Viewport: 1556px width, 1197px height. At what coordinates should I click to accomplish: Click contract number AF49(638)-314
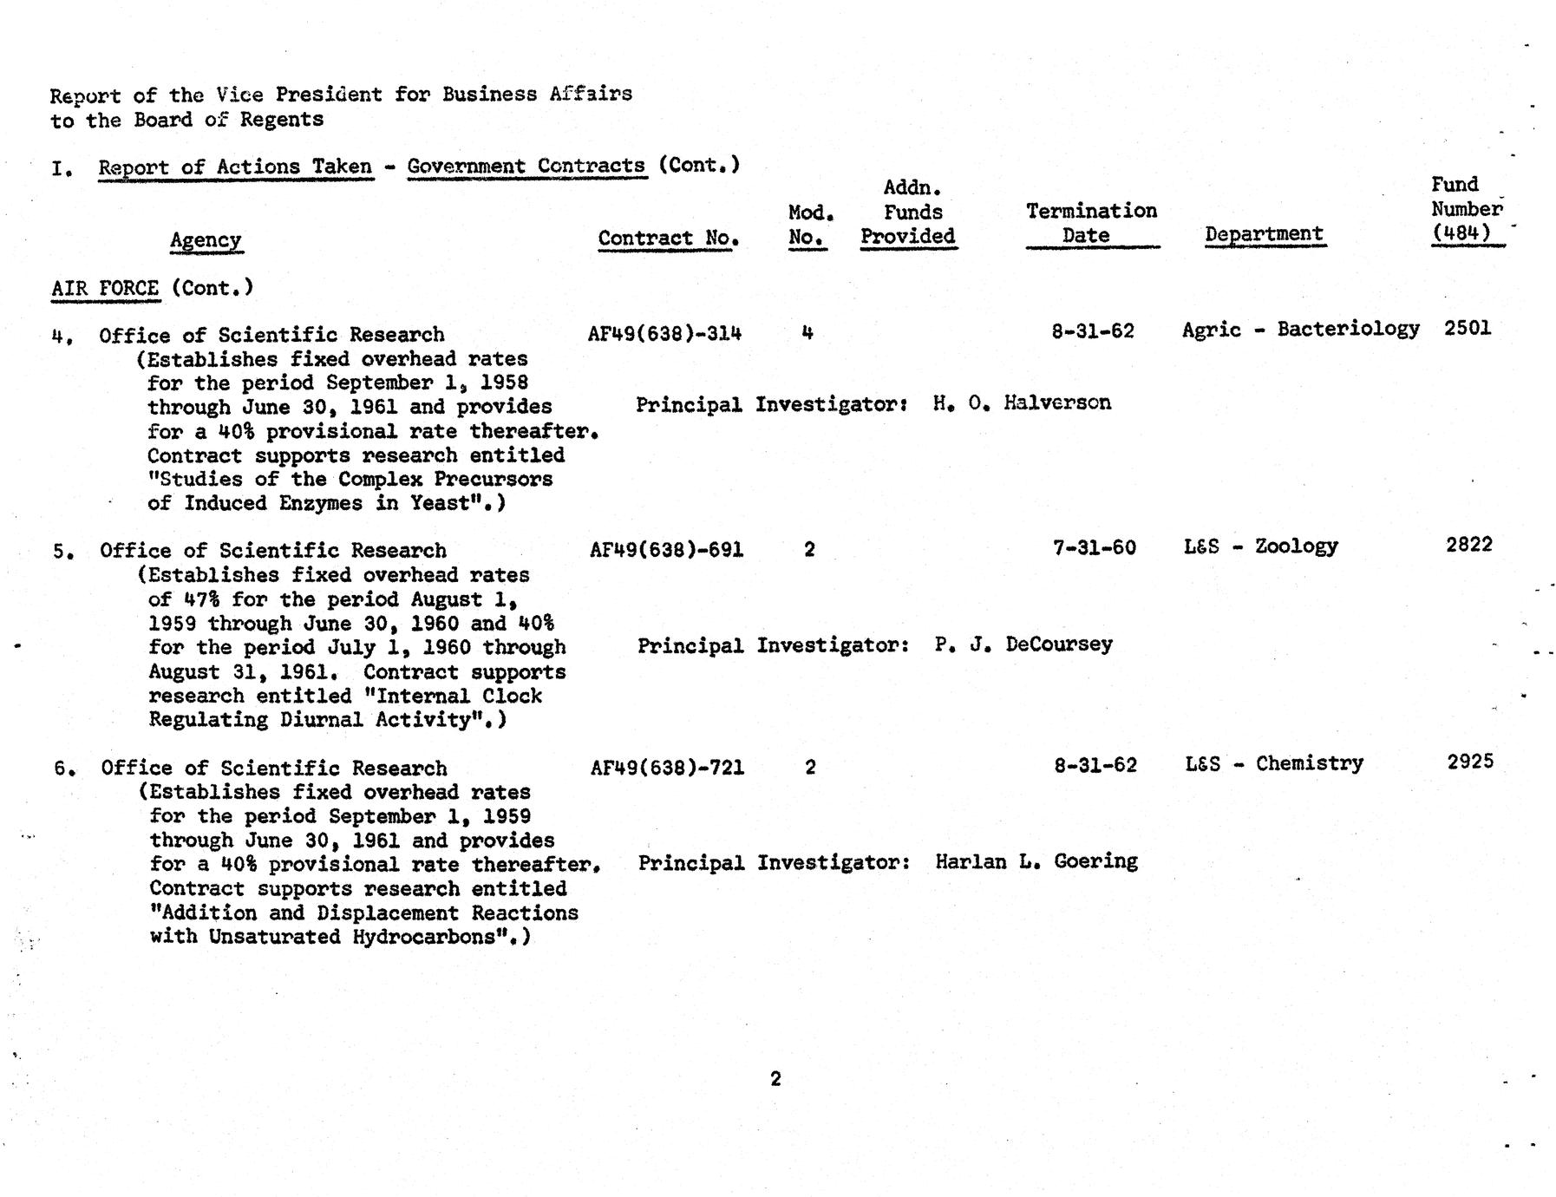point(664,333)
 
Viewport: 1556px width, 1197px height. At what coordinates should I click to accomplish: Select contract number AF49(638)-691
point(666,549)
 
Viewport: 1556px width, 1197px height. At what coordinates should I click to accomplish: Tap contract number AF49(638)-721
point(667,767)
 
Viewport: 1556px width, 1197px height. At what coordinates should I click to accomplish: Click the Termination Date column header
point(1091,223)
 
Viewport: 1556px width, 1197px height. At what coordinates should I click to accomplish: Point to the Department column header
point(1264,234)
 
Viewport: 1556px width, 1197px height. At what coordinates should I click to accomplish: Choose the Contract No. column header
point(668,239)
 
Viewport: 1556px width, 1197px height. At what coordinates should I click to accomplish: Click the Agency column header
point(206,240)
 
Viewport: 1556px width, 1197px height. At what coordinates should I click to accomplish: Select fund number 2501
point(1468,328)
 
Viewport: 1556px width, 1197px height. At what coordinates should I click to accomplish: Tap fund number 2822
point(1469,545)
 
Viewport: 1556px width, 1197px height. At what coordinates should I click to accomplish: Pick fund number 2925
point(1470,762)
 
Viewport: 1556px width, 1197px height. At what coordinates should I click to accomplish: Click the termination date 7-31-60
point(1094,547)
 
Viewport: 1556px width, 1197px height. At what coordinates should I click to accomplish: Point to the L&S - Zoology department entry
point(1260,546)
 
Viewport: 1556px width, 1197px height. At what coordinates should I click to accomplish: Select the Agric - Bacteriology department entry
point(1300,329)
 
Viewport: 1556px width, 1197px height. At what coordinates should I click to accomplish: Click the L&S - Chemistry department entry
point(1273,763)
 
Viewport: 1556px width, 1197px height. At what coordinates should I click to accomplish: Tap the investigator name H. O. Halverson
point(1022,402)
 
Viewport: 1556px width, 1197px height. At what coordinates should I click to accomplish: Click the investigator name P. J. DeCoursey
point(1023,644)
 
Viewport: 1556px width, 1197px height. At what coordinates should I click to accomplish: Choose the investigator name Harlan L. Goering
point(1036,861)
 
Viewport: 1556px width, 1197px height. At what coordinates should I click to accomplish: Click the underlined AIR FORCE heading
point(105,288)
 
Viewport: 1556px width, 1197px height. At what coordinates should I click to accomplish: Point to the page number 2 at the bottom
point(775,1078)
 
